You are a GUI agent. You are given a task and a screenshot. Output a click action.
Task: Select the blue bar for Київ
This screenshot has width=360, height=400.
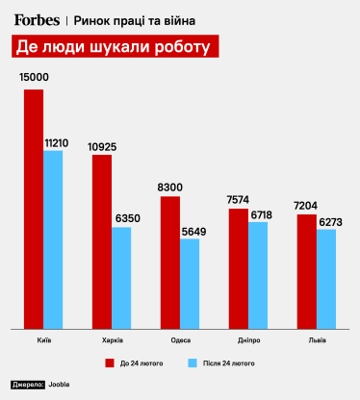[53, 239]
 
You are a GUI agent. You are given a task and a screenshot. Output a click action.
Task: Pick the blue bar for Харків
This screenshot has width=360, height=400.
[121, 278]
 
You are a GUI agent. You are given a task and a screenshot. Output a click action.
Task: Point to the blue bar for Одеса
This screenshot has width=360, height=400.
[189, 284]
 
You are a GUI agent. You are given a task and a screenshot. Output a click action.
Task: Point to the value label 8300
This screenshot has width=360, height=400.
[169, 186]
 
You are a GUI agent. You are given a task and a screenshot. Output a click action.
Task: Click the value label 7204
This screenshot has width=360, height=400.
[306, 204]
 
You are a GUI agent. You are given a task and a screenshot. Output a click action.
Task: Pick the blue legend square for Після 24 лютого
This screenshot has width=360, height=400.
[192, 363]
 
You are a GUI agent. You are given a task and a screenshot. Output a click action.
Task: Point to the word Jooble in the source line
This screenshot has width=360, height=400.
[59, 384]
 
